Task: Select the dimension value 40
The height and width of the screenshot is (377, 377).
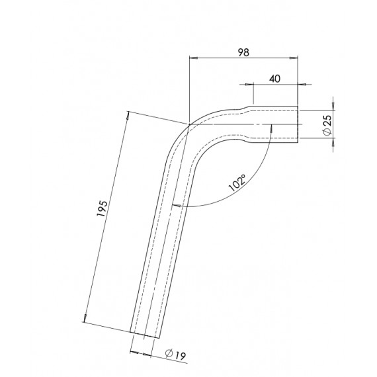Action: [275, 78]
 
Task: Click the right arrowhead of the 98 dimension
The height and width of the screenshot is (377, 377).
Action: [296, 58]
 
